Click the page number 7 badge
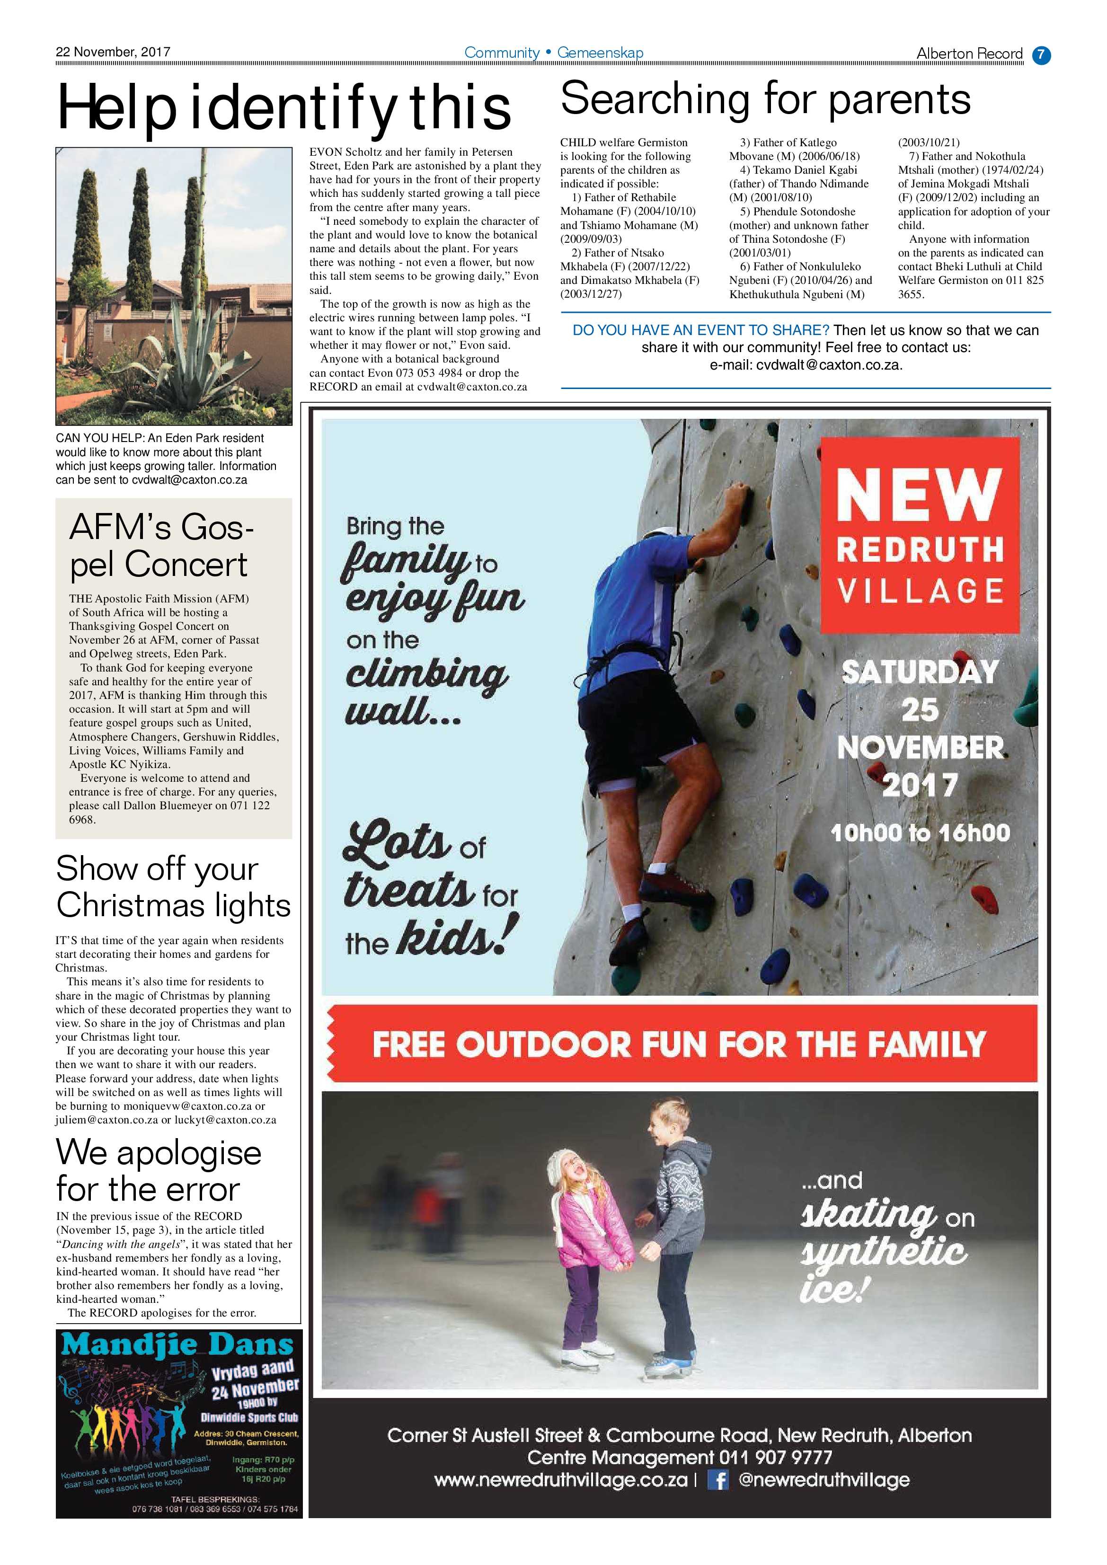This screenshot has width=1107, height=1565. [1041, 54]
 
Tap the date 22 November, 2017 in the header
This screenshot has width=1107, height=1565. [113, 52]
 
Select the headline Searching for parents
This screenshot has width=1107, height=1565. [765, 99]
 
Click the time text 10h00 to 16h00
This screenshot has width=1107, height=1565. [920, 833]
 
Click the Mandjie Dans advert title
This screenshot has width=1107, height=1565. [177, 1345]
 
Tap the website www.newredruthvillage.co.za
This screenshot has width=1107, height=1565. [560, 1480]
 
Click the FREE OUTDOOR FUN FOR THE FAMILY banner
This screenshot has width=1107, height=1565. [679, 1043]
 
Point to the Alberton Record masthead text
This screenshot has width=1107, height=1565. [969, 54]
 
